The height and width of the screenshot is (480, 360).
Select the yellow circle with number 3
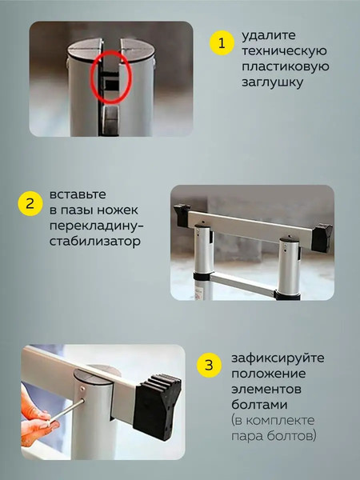pos(209,366)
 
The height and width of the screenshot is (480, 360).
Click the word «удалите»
pos(264,37)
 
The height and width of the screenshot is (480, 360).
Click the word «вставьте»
pos(76,194)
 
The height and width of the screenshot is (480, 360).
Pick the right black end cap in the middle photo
pos(322,236)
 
